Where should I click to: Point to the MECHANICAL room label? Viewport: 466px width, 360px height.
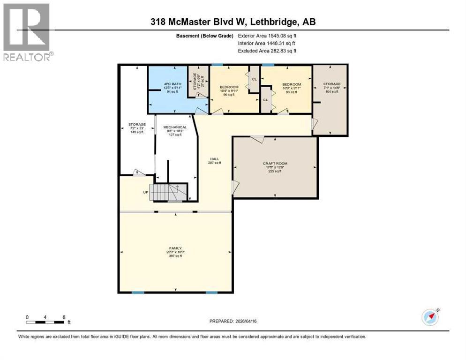pyautogui.click(x=175, y=131)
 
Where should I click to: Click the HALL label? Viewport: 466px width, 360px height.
pyautogui.click(x=215, y=161)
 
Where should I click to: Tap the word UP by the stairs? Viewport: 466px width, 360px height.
pyautogui.click(x=146, y=193)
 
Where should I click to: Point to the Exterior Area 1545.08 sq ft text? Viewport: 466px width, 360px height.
pyautogui.click(x=267, y=36)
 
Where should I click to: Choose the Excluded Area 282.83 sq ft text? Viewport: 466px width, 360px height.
pyautogui.click(x=267, y=51)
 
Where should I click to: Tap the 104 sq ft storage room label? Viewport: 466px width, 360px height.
pyautogui.click(x=331, y=88)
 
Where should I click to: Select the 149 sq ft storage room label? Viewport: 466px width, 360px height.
pyautogui.click(x=137, y=128)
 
